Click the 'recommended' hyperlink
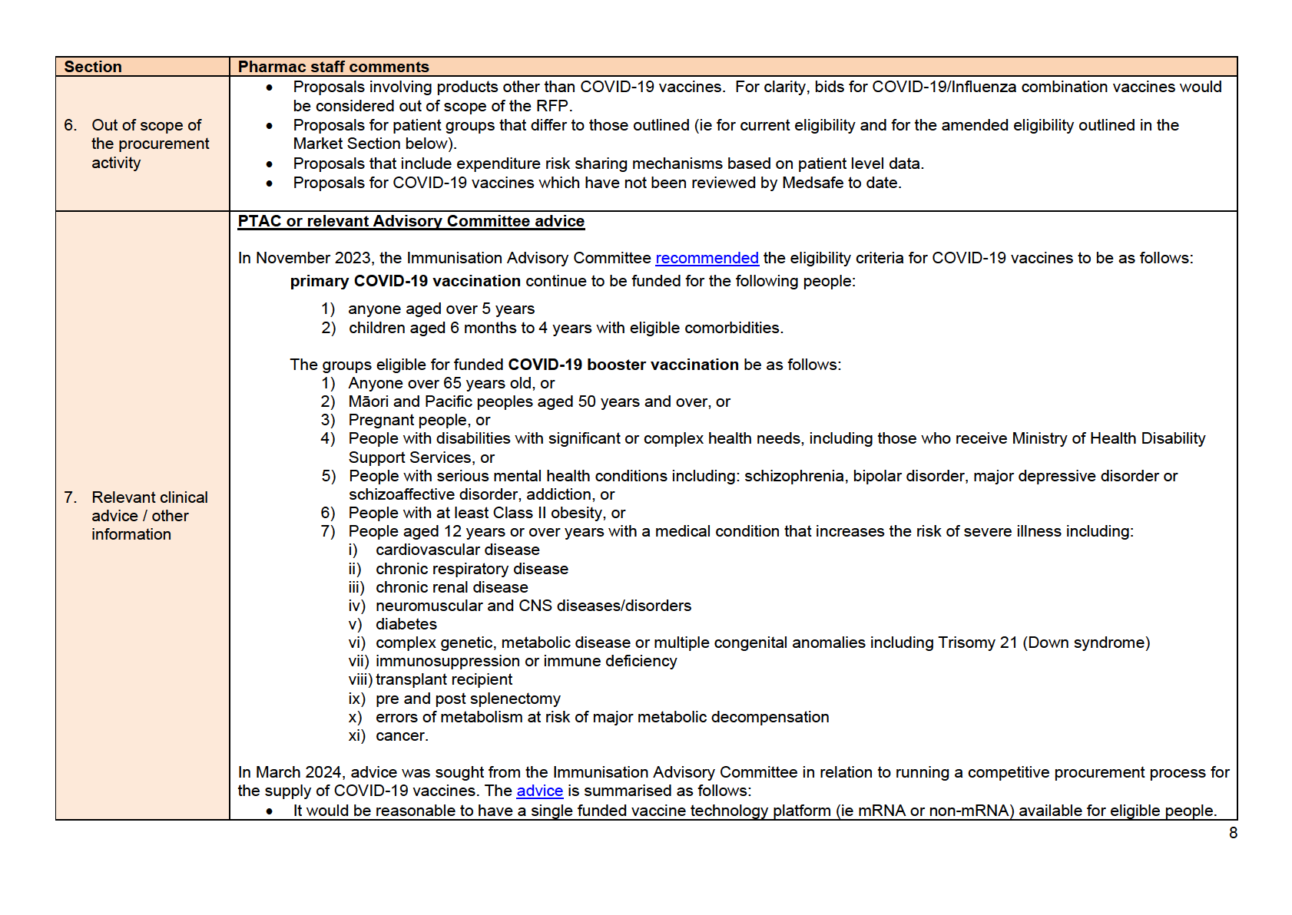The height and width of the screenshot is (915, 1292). click(707, 258)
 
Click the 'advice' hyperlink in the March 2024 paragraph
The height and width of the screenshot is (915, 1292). click(539, 791)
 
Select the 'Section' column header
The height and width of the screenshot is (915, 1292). click(93, 67)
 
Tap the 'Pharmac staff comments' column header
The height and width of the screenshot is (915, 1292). click(333, 67)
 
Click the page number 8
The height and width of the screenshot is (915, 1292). click(1233, 833)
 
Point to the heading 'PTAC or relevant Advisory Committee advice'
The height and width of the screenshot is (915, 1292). click(411, 221)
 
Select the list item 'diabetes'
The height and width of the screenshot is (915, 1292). click(406, 624)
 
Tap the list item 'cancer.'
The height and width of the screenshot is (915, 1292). click(402, 735)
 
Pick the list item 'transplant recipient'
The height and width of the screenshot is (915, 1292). click(444, 679)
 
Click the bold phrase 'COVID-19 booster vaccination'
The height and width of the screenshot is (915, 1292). click(623, 365)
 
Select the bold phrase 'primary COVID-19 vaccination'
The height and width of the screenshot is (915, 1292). click(405, 281)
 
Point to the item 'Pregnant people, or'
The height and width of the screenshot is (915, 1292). click(419, 420)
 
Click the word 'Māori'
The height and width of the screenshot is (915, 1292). click(368, 401)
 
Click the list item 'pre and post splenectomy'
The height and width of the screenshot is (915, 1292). click(468, 699)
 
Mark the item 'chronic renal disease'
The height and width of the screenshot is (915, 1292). click(452, 587)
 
